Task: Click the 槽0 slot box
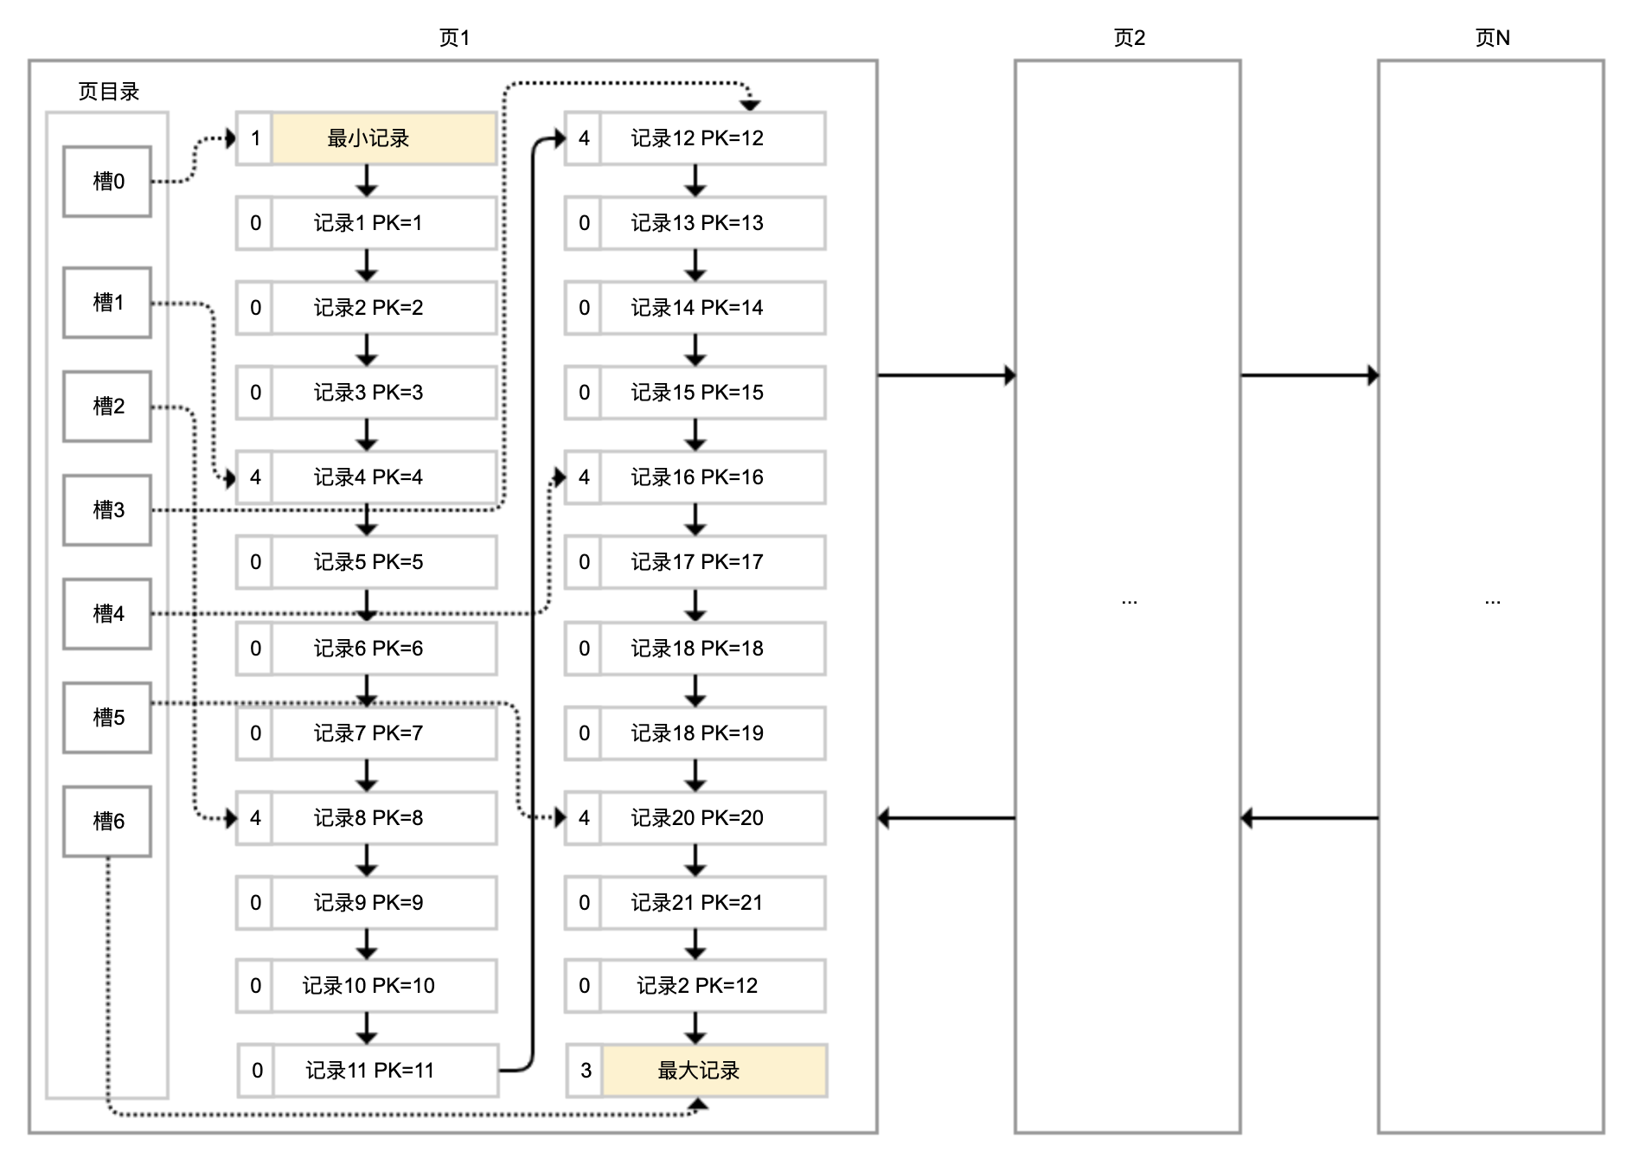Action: click(107, 182)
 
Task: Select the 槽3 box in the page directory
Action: click(107, 510)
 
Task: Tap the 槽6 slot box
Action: click(107, 822)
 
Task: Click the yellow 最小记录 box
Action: click(384, 138)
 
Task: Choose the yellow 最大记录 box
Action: click(714, 1071)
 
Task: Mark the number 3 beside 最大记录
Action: click(586, 1071)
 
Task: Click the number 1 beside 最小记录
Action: click(255, 138)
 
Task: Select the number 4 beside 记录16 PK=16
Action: click(584, 477)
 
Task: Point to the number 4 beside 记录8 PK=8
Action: click(255, 818)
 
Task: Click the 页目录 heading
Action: click(108, 92)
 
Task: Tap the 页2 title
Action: click(1129, 38)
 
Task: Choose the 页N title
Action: click(1492, 38)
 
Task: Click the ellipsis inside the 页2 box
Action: click(1129, 600)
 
